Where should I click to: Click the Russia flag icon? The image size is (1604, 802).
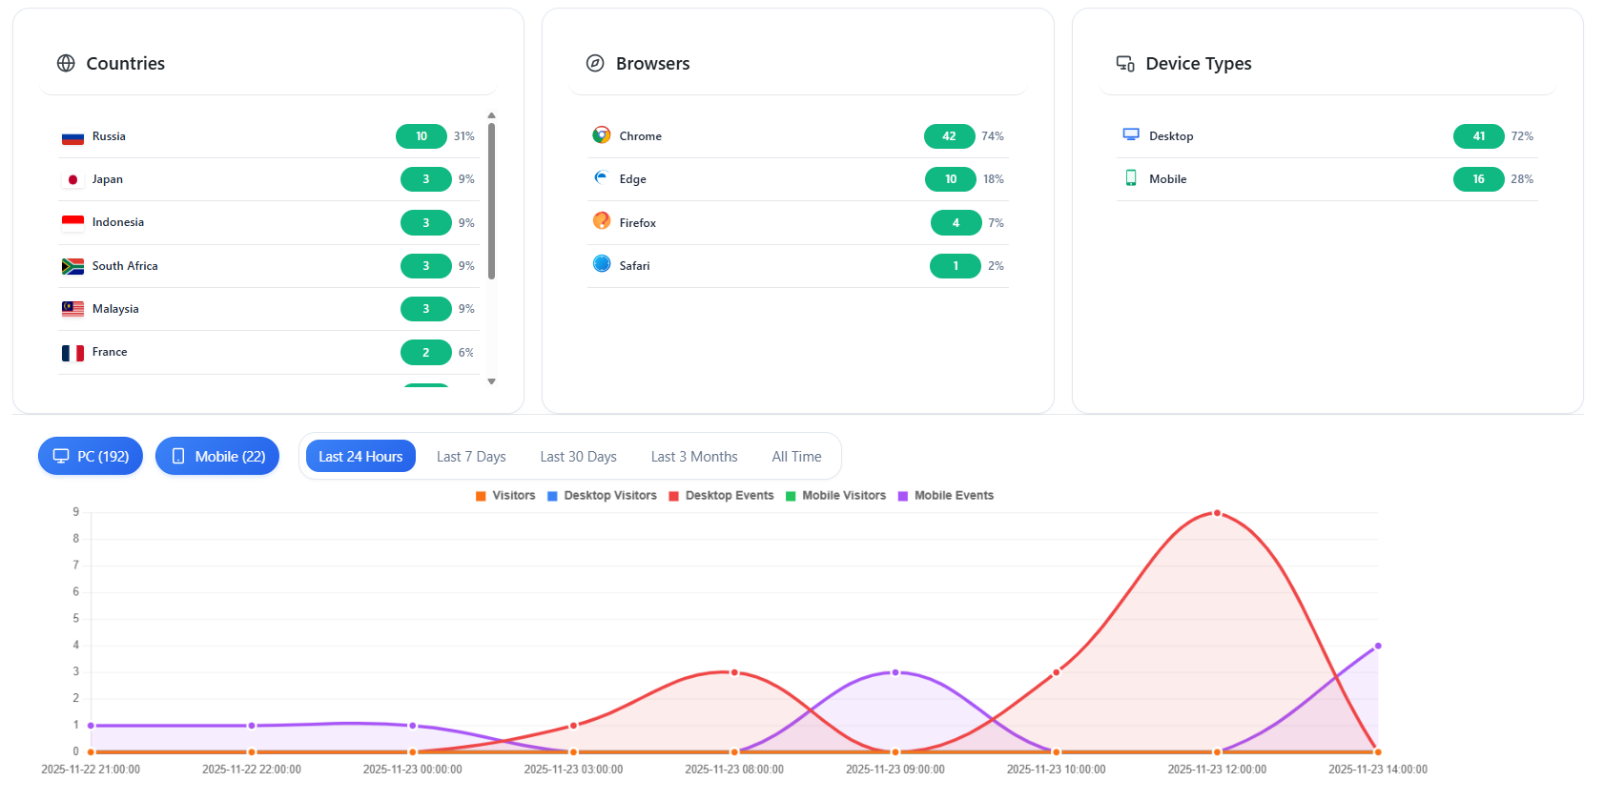(x=72, y=137)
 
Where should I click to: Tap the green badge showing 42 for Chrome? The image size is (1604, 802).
(x=949, y=136)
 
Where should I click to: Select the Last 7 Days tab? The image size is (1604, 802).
(x=471, y=457)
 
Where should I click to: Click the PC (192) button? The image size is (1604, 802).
(x=91, y=457)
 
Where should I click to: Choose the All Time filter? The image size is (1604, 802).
(x=796, y=457)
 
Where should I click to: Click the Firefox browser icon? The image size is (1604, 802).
(x=602, y=221)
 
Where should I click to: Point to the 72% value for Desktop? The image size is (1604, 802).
(x=1522, y=136)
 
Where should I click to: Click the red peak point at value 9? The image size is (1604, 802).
(x=1217, y=513)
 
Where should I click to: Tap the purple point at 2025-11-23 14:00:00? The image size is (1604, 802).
(x=1378, y=646)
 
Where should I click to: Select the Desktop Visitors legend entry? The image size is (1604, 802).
(x=602, y=496)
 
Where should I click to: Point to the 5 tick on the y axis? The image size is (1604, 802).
(x=76, y=619)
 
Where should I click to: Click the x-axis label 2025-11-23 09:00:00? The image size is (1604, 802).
(x=895, y=770)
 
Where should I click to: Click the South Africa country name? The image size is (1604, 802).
(x=125, y=266)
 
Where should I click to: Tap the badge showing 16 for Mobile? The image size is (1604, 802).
(x=1478, y=179)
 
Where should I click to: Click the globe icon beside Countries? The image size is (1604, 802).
(x=66, y=64)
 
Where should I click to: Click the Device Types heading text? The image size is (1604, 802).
(x=1198, y=64)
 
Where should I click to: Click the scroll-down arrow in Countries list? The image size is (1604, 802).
(x=492, y=381)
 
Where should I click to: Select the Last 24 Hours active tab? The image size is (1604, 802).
(x=360, y=457)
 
